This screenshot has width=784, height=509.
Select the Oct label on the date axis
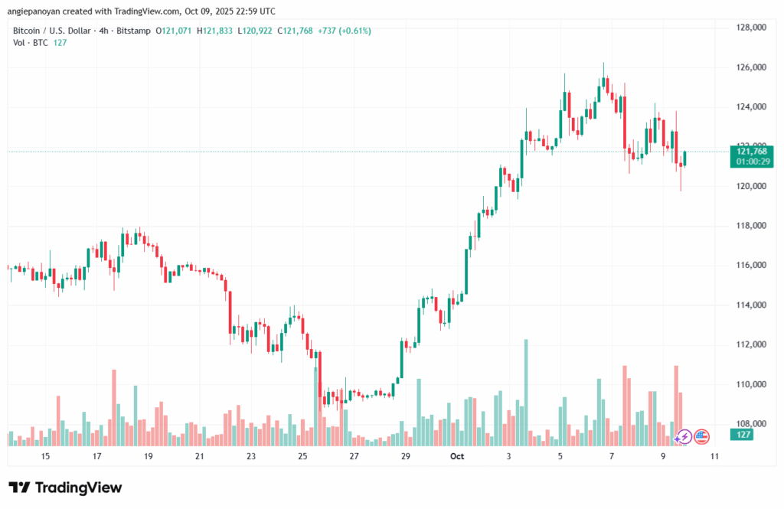coord(457,456)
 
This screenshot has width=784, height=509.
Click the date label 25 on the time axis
coord(302,456)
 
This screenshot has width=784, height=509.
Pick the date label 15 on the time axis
coord(45,456)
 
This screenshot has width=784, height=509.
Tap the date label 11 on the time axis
coord(714,456)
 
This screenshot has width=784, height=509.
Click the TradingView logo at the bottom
coord(65,488)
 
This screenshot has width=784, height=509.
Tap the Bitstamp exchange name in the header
coord(133,31)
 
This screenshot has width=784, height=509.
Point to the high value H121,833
coord(216,31)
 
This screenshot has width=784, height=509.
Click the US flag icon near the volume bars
coord(701,437)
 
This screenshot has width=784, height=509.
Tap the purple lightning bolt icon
coord(684,437)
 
